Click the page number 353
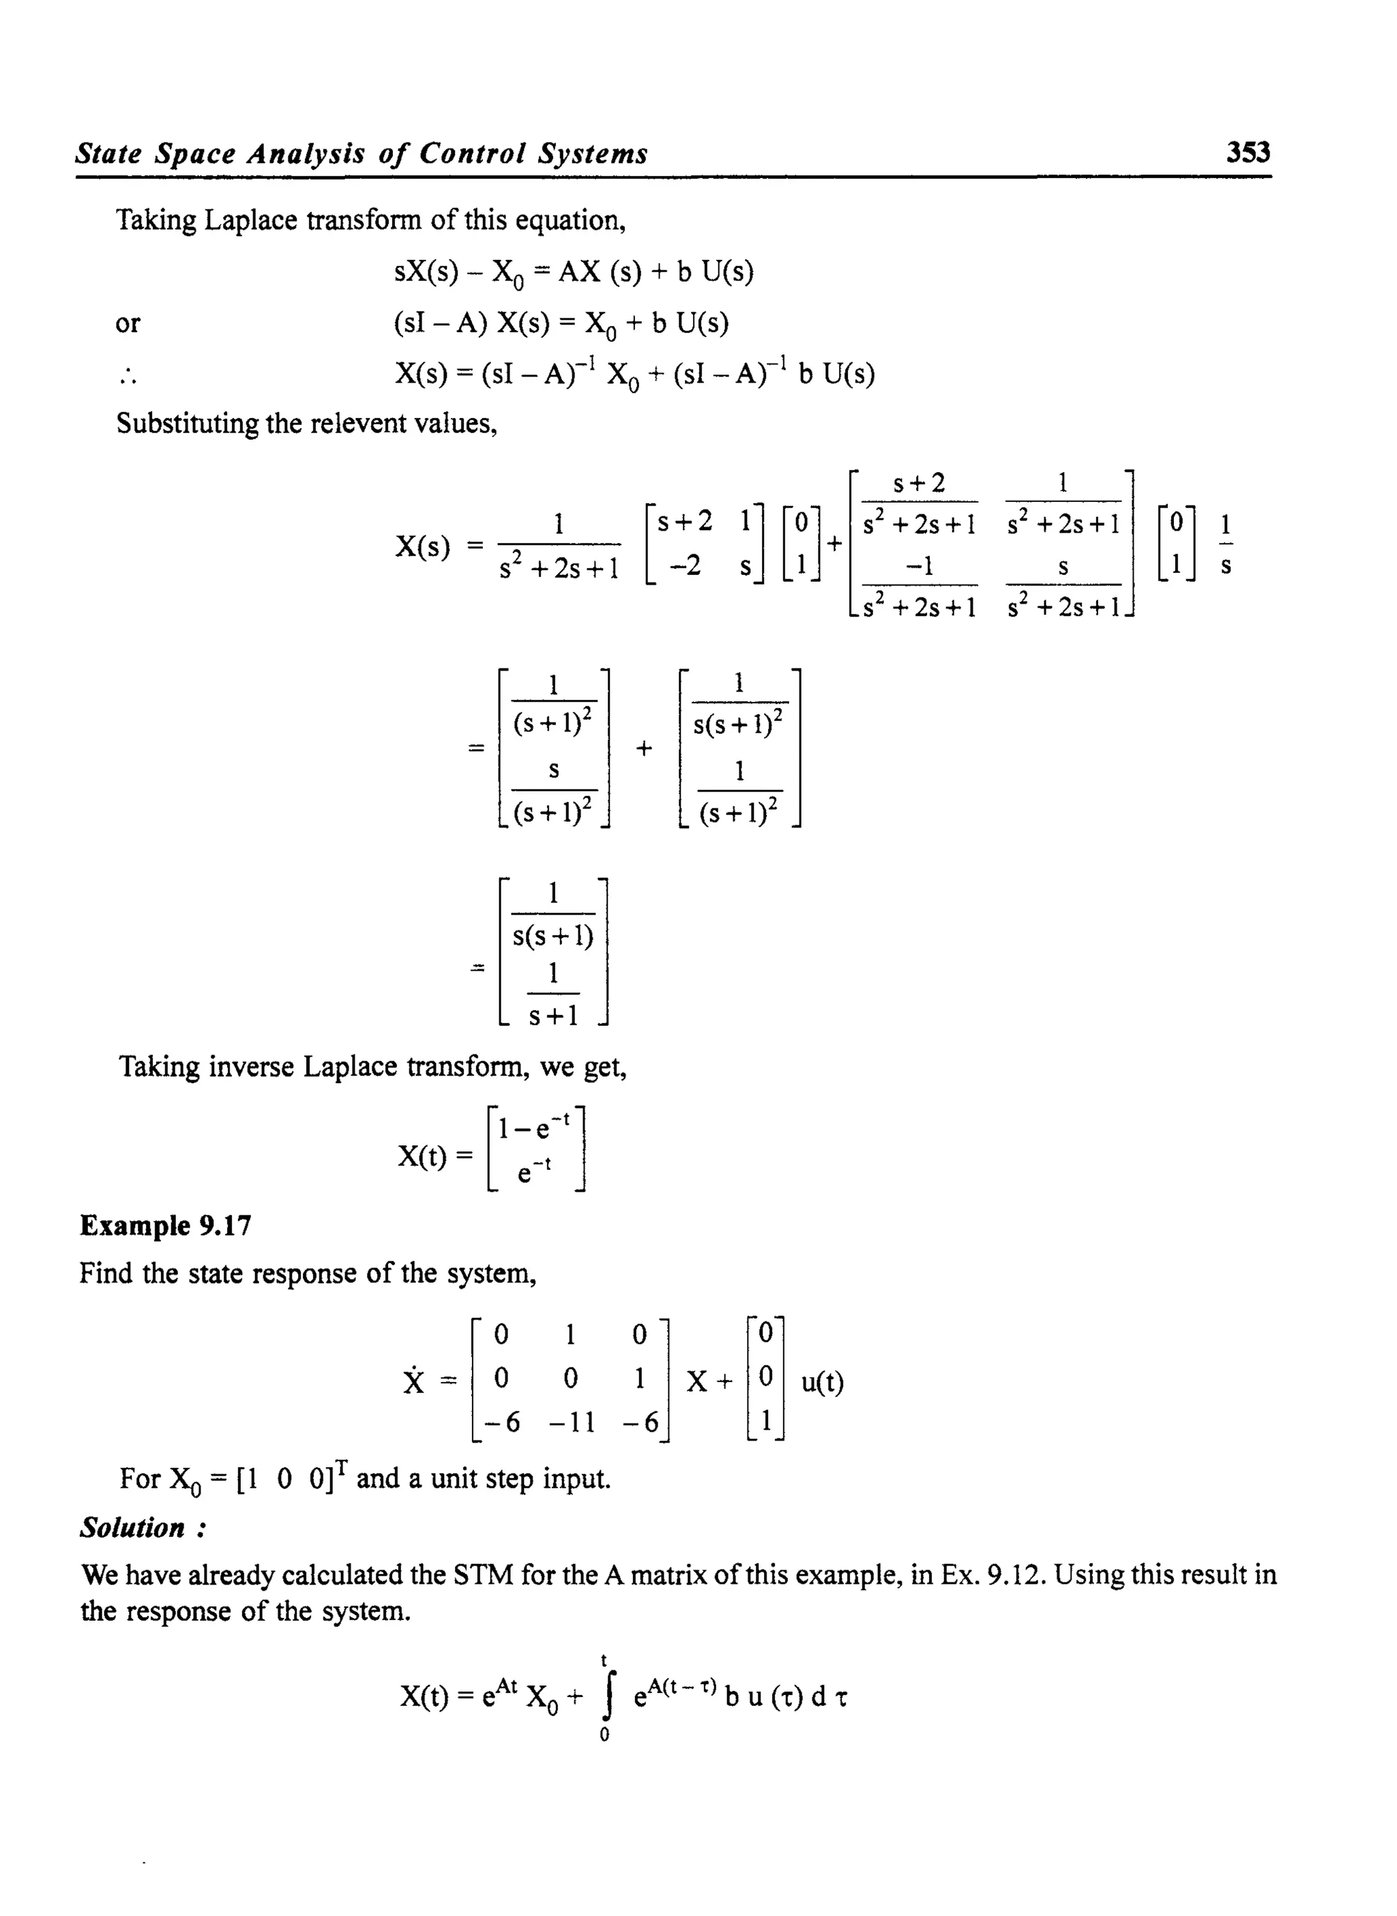pyautogui.click(x=1248, y=152)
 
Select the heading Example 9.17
pyautogui.click(x=166, y=1225)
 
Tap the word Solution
pyautogui.click(x=133, y=1528)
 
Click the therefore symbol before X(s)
pyautogui.click(x=128, y=377)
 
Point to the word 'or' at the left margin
pyautogui.click(x=128, y=323)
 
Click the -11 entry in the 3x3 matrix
pyautogui.click(x=572, y=1423)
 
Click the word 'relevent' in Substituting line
pyautogui.click(x=359, y=423)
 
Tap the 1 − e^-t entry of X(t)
pyautogui.click(x=534, y=1127)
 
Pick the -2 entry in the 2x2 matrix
pyautogui.click(x=686, y=565)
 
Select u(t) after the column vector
pyautogui.click(x=822, y=1382)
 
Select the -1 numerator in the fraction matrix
pyautogui.click(x=920, y=565)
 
